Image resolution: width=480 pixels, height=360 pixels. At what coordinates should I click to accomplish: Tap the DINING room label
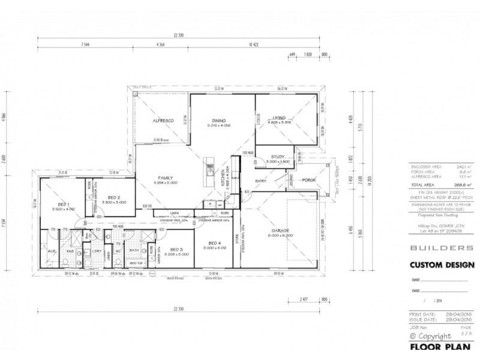point(219,119)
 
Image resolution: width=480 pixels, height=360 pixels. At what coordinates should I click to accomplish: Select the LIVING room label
point(278,119)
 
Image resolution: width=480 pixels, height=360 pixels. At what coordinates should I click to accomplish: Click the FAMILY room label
point(166,178)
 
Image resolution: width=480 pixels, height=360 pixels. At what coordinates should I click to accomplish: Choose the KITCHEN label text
point(223,178)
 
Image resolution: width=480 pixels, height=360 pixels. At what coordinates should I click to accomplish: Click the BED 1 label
point(62,204)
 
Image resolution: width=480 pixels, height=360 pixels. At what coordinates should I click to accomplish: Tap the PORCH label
point(309,179)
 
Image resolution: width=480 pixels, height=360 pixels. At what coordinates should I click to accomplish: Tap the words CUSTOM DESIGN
point(442,265)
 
